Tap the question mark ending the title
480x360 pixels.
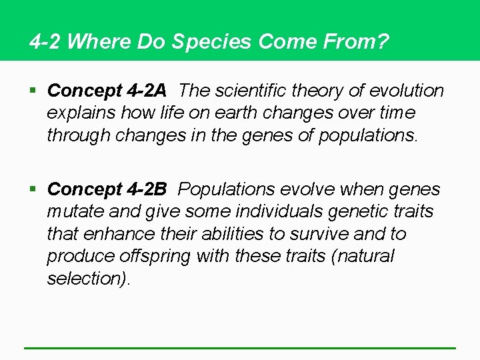[x=383, y=42]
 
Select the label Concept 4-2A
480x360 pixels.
[x=107, y=90]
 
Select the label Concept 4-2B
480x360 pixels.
[x=107, y=189]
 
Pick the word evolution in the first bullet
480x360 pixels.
[x=407, y=90]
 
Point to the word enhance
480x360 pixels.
[x=107, y=234]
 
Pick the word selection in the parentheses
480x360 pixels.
[x=86, y=278]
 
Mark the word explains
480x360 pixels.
[x=81, y=112]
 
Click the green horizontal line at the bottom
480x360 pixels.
[x=240, y=347]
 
